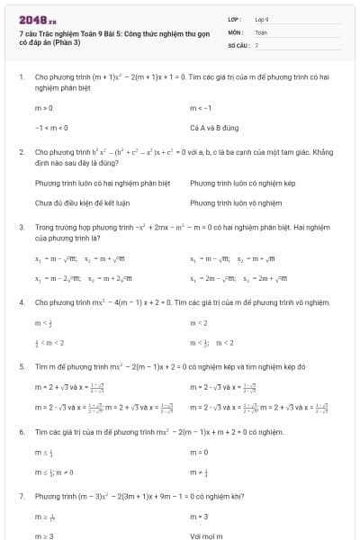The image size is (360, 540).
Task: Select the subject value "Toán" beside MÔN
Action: [x=261, y=31]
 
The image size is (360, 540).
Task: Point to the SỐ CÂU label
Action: [x=237, y=44]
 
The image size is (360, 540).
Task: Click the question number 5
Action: [x=21, y=366]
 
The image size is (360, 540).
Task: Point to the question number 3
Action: [x=21, y=227]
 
